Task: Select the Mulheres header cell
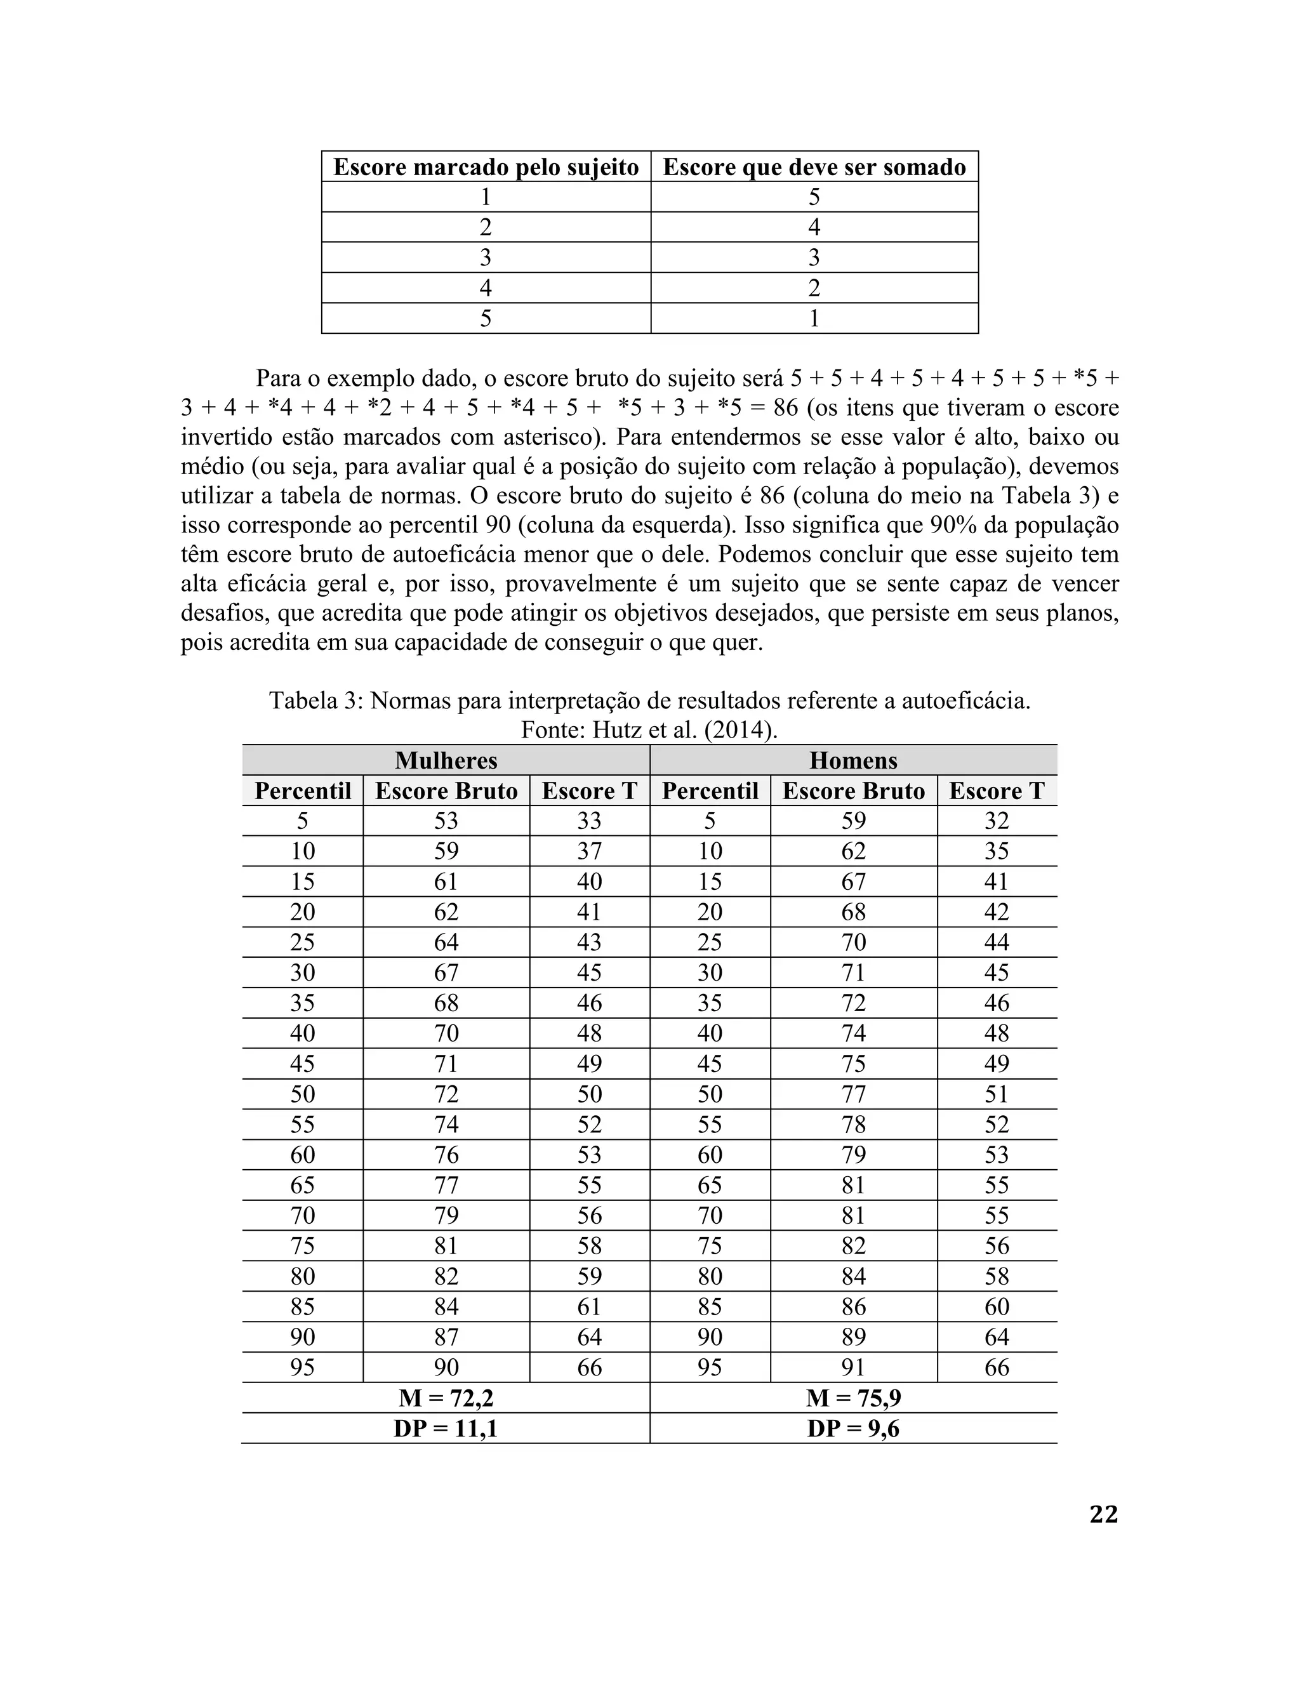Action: (446, 760)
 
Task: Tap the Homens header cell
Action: (853, 760)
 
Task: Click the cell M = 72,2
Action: (446, 1398)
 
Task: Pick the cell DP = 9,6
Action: (853, 1429)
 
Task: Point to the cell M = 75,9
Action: (853, 1398)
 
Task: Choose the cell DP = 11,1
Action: (446, 1429)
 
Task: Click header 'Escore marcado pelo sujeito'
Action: (486, 167)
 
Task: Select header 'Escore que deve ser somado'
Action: (814, 167)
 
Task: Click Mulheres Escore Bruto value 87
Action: (446, 1337)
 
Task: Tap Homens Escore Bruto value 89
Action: (853, 1337)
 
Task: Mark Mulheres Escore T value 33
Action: (589, 821)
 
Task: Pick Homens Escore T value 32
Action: (997, 821)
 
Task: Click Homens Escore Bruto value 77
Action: (853, 1094)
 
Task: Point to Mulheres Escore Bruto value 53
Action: (446, 821)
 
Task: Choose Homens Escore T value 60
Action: (997, 1307)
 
